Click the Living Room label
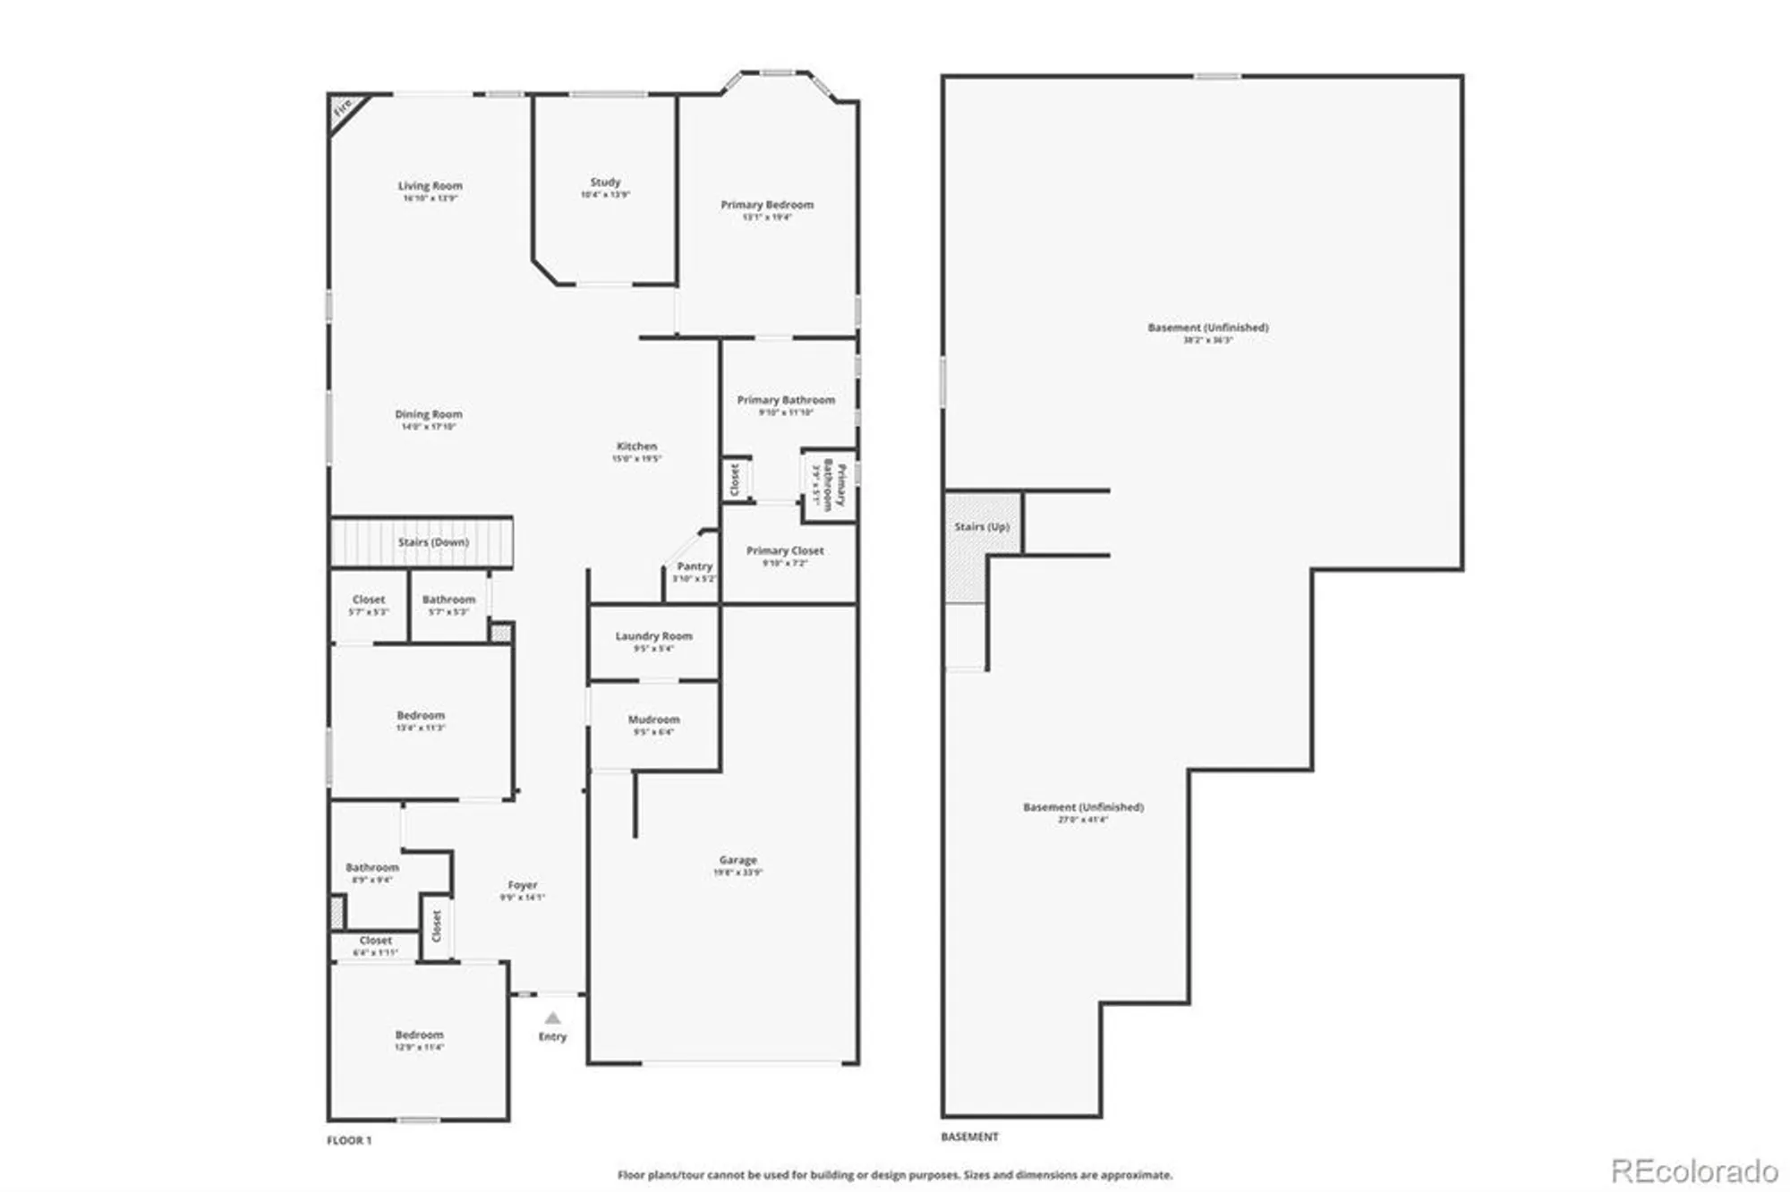430,186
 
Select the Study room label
605,183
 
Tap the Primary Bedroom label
767,205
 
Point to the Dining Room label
429,414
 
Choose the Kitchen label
636,446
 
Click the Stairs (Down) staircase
422,542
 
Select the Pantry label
695,566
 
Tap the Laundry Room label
653,636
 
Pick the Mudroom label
653,719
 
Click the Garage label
737,860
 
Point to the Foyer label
522,884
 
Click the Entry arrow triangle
552,1018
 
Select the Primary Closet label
785,551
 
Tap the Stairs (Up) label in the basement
982,527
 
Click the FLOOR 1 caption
349,1140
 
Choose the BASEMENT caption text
969,1137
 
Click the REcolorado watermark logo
1693,1171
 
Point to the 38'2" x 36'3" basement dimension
1207,340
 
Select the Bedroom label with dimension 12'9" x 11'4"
419,1034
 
